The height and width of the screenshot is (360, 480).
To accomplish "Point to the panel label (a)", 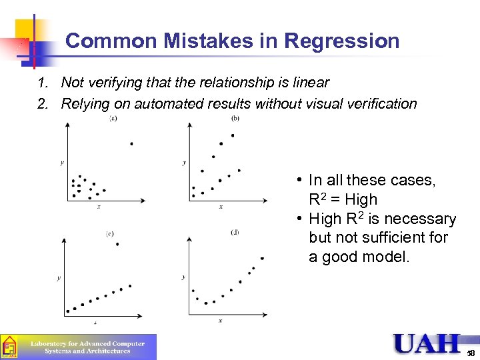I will click(x=113, y=119).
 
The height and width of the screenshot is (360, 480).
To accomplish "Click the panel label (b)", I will click(x=235, y=119).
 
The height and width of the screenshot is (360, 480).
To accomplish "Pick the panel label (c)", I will click(x=110, y=233).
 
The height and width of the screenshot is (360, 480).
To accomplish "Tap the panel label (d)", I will click(x=235, y=232).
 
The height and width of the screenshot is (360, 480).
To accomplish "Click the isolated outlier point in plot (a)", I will click(x=131, y=143).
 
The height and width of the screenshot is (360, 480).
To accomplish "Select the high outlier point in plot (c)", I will click(x=117, y=245).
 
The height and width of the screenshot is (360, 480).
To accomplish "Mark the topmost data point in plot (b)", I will click(x=233, y=135).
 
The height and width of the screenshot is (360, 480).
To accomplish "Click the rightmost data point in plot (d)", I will click(x=262, y=258).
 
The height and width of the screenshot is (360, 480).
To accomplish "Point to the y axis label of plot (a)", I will click(x=62, y=162).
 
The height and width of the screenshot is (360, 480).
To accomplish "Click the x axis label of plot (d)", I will click(x=220, y=321).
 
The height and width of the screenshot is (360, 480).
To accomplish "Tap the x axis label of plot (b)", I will click(x=221, y=207).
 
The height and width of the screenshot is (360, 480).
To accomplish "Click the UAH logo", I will click(x=427, y=344).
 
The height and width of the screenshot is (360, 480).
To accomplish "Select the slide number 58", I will click(x=471, y=353).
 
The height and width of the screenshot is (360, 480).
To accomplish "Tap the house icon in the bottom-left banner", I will click(x=9, y=347).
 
